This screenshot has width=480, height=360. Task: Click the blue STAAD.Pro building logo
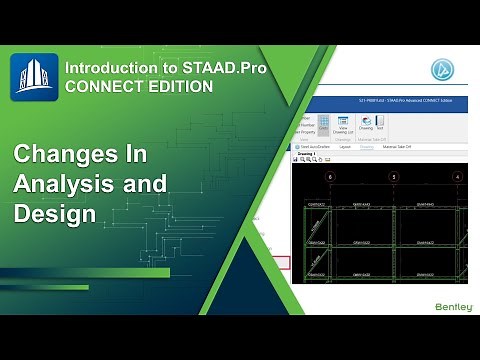click(x=34, y=77)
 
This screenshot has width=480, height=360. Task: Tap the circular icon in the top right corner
click(x=442, y=70)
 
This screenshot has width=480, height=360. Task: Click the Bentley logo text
click(x=452, y=306)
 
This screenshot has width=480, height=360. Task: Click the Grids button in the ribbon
click(x=324, y=125)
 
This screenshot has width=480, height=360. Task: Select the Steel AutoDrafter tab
click(x=313, y=145)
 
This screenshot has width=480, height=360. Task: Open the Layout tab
click(x=346, y=145)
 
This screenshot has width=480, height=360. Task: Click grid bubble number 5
click(x=394, y=176)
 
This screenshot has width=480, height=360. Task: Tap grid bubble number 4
click(x=458, y=176)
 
